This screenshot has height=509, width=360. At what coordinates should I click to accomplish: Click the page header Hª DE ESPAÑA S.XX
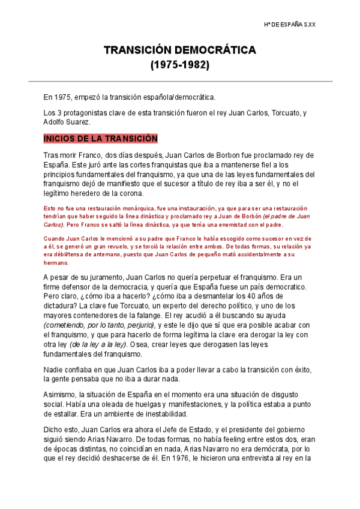[x=290, y=25]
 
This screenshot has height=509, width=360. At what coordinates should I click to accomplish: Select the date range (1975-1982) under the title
[x=179, y=65]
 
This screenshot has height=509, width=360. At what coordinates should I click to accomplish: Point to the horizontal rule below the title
[x=180, y=81]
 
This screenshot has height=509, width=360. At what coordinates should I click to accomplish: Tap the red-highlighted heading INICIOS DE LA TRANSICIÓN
[x=100, y=139]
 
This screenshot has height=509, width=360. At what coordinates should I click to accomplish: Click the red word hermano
[x=56, y=263]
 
